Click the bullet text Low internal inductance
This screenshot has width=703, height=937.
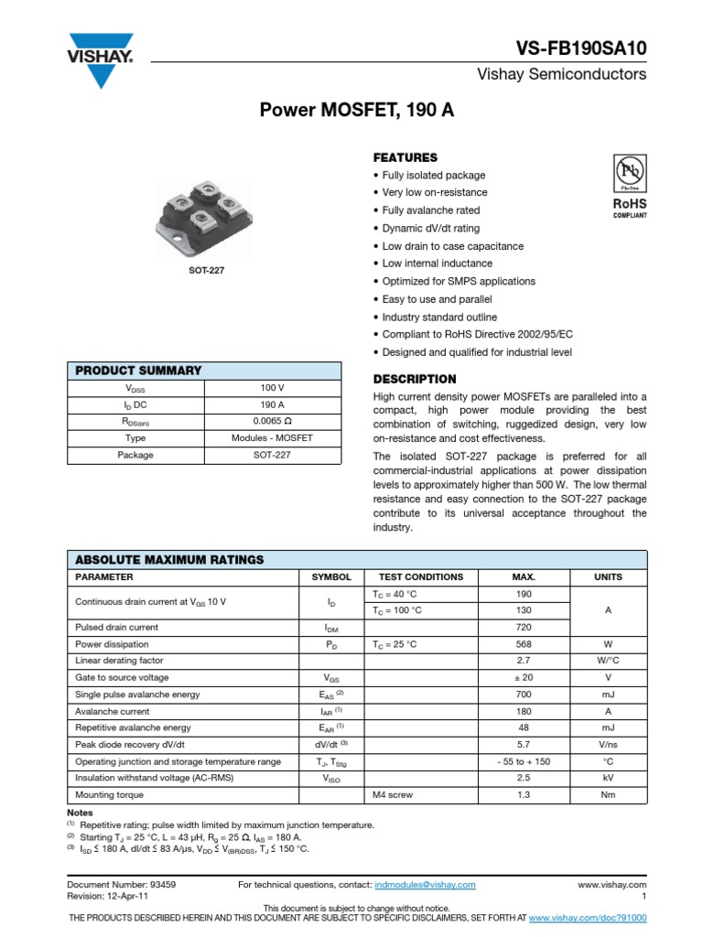click(438, 264)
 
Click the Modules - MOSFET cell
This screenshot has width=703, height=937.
click(272, 437)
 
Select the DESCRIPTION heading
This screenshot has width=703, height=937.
click(415, 379)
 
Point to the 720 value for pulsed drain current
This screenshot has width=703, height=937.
click(524, 628)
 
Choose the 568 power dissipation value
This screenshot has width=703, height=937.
click(524, 644)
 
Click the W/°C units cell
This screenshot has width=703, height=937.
click(608, 661)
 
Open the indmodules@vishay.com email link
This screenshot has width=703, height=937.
click(425, 885)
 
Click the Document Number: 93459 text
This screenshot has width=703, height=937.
click(122, 885)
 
